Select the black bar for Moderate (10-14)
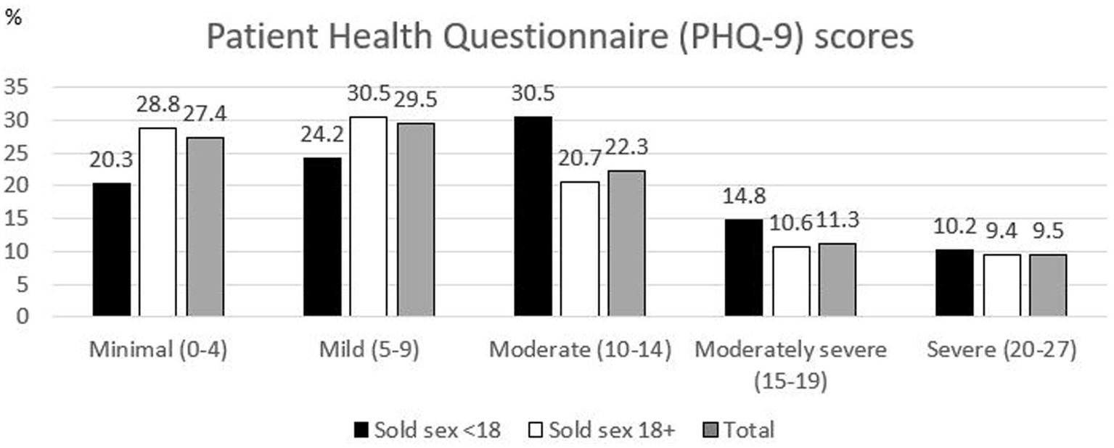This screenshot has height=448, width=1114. tap(533, 216)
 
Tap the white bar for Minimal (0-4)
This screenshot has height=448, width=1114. tap(157, 222)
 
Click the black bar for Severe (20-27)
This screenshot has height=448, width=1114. tap(954, 283)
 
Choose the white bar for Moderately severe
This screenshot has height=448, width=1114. tap(791, 281)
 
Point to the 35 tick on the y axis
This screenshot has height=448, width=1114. tap(19, 88)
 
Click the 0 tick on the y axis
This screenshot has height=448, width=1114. tap(24, 317)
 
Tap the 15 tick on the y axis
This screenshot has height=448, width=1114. tap(19, 219)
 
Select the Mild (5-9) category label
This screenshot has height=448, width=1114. tap(369, 349)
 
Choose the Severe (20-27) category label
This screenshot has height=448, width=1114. tap(1001, 349)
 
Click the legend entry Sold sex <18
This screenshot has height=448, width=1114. tap(429, 430)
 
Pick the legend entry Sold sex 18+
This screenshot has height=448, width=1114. tap(603, 430)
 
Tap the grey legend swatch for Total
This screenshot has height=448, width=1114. tap(713, 430)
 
